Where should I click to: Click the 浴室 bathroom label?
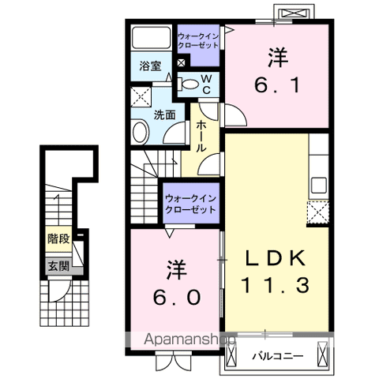151,66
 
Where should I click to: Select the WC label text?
205,84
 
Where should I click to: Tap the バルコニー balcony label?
278,356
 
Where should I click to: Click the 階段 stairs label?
58,237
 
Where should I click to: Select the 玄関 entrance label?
58,265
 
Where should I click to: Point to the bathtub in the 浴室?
150,40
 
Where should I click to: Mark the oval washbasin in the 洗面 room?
141,133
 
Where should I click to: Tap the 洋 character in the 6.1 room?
276,57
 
